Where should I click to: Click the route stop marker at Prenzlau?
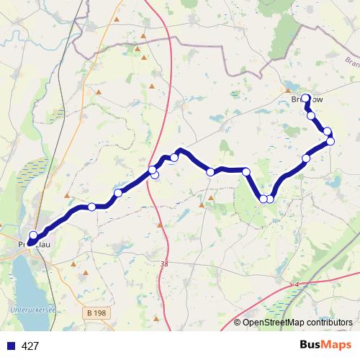[32, 235]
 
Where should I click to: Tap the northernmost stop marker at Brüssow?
[306, 98]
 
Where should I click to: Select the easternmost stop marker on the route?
[331, 140]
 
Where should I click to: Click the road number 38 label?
[165, 265]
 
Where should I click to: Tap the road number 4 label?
[295, 285]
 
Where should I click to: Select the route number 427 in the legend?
[31, 346]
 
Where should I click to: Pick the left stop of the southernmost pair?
[264, 199]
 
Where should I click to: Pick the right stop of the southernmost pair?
[271, 199]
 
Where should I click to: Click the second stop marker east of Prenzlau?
[118, 193]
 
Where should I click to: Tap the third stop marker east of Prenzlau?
[153, 171]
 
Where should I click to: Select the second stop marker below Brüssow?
[328, 131]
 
